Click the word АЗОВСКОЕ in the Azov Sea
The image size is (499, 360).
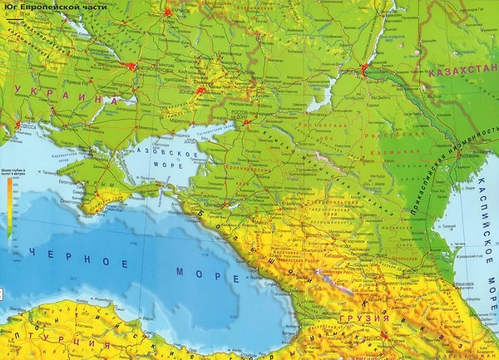173,155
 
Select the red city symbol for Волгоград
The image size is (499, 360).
363,67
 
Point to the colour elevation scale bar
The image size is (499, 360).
9,208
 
